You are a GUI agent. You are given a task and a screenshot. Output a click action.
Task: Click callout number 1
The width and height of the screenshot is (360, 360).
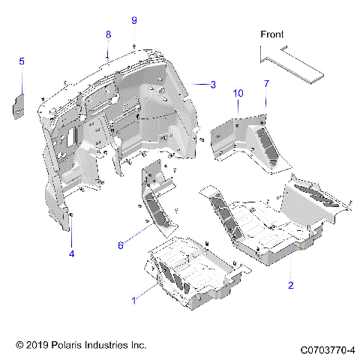tap(134, 300)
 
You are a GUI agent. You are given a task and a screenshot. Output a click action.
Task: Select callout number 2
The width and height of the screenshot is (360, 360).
tap(291, 285)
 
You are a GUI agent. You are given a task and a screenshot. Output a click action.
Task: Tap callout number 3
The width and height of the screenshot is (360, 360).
tap(213, 85)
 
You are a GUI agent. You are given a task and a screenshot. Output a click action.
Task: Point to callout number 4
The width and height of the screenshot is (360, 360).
tap(72, 253)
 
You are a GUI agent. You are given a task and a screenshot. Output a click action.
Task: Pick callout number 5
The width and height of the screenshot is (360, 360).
tap(22, 61)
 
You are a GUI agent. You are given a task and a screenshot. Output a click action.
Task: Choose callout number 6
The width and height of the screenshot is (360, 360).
tap(120, 244)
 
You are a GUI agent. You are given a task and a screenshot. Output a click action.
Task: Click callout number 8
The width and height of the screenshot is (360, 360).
tap(108, 34)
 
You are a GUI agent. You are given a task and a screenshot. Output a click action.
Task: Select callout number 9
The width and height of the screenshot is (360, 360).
tap(134, 19)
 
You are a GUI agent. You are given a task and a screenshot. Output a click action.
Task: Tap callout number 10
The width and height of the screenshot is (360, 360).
tap(238, 93)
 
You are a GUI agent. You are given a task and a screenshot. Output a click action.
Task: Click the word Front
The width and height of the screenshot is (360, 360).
tap(273, 34)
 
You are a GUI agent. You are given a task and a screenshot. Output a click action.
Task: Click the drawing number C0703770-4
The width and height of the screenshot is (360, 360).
tap(327, 349)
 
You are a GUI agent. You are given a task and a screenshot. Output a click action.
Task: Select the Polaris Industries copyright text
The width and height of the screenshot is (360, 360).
tap(81, 345)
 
